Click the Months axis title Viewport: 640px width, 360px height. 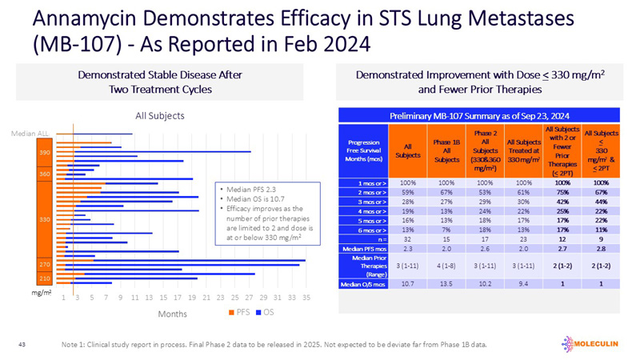point(172,314)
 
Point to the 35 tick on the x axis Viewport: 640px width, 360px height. point(305,297)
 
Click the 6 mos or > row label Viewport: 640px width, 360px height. point(365,227)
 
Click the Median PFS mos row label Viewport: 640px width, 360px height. point(365,248)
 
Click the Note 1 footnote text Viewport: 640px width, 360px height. point(273,345)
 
